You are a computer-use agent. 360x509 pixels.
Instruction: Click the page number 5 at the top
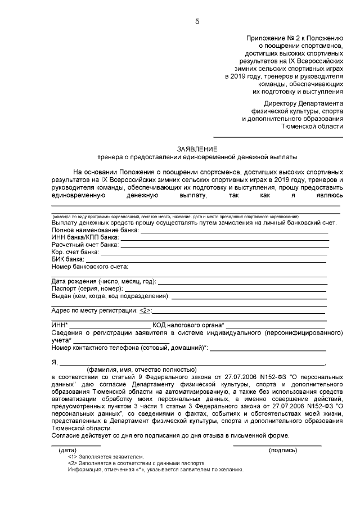(x=197, y=21)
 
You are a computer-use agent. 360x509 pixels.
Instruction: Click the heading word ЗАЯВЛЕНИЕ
(x=197, y=148)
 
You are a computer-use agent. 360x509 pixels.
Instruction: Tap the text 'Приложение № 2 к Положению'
(x=294, y=38)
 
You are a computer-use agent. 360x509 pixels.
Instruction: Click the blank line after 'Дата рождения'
(x=242, y=281)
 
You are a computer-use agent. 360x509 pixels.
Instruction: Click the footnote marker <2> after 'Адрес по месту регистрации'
(x=145, y=310)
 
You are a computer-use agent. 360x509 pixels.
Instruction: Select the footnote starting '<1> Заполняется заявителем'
(x=105, y=457)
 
